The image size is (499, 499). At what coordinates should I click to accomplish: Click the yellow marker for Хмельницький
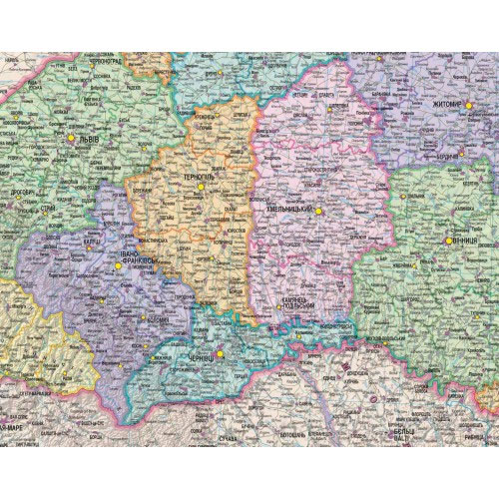coord(319,211)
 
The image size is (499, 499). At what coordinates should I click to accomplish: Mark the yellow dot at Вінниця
coord(446,242)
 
